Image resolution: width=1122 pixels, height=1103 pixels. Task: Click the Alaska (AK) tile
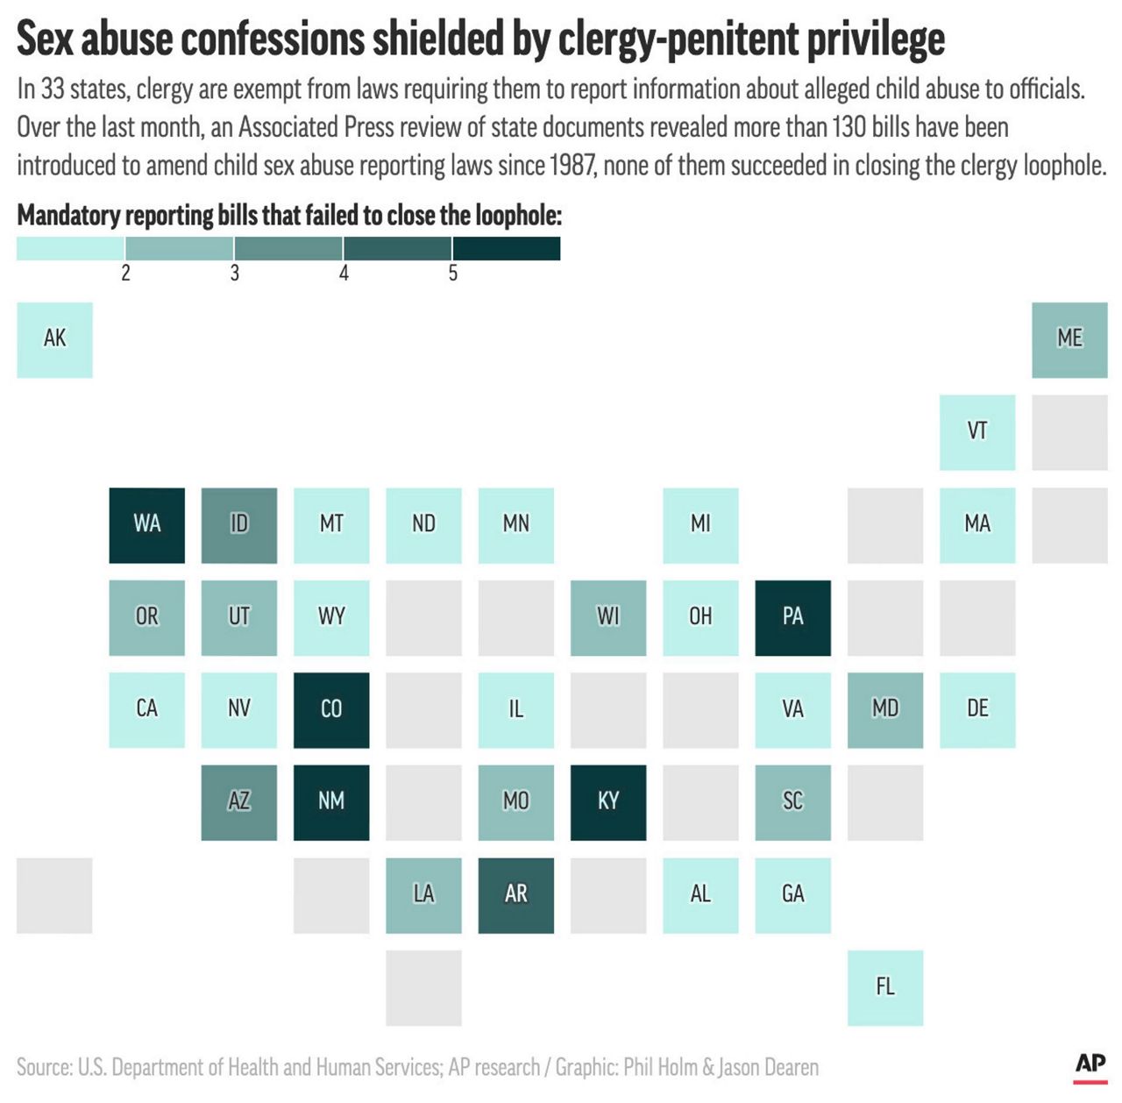pyautogui.click(x=54, y=340)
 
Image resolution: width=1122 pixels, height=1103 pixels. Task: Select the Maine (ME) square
pyautogui.click(x=1069, y=340)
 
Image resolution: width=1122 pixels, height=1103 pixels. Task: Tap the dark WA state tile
pyautogui.click(x=146, y=525)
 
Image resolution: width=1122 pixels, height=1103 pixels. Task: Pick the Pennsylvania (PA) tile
pyautogui.click(x=792, y=617)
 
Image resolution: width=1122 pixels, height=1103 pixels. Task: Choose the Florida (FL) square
pyautogui.click(x=885, y=987)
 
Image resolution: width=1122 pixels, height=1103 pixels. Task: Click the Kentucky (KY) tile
pyautogui.click(x=608, y=802)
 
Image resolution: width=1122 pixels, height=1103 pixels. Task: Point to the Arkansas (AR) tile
pyautogui.click(x=515, y=895)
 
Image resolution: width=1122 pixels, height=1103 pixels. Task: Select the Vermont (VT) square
pyautogui.click(x=977, y=432)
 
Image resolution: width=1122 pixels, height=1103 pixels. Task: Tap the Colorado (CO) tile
pyautogui.click(x=331, y=710)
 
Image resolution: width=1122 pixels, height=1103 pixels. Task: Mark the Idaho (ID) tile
pyautogui.click(x=239, y=525)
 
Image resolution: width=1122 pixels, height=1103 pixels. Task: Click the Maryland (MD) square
pyautogui.click(x=885, y=710)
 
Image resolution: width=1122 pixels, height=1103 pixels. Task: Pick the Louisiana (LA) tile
pyautogui.click(x=423, y=895)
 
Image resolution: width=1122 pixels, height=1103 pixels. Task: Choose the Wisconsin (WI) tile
pyautogui.click(x=608, y=617)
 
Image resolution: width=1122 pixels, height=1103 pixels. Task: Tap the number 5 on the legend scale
pyautogui.click(x=453, y=274)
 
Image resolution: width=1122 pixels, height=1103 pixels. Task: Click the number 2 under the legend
pyautogui.click(x=125, y=274)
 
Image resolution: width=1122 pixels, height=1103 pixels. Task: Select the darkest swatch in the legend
pyautogui.click(x=507, y=248)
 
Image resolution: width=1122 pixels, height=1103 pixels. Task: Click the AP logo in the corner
pyautogui.click(x=1090, y=1064)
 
